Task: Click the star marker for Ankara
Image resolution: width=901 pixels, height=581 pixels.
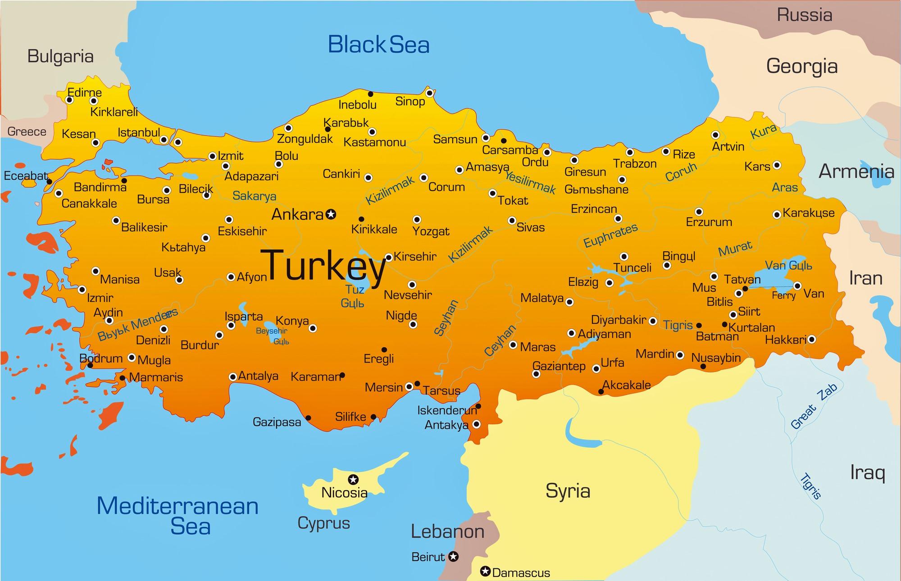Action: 331,214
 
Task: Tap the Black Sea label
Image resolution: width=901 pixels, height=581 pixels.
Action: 378,45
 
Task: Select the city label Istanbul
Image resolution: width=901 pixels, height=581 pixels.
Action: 139,132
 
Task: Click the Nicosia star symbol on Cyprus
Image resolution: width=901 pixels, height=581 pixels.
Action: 354,479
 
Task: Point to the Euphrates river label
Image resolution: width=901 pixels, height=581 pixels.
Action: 610,235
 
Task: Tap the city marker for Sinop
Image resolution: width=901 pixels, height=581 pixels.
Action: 429,93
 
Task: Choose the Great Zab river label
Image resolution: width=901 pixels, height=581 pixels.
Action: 814,406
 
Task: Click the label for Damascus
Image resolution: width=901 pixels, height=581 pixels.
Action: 521,573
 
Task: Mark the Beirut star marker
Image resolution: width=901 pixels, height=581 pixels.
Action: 454,557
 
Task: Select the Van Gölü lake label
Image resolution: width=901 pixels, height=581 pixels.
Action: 788,265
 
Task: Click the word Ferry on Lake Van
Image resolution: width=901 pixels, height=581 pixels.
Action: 784,295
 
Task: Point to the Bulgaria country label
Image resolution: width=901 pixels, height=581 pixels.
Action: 60,56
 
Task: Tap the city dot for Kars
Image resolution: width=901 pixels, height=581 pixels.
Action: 777,165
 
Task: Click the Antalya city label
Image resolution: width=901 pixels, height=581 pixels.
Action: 258,376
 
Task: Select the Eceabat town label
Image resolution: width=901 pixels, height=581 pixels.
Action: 26,176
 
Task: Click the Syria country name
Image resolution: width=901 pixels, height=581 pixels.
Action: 568,490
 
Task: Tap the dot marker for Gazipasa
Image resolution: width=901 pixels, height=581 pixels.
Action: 308,418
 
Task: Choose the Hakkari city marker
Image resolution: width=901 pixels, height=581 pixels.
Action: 811,339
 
